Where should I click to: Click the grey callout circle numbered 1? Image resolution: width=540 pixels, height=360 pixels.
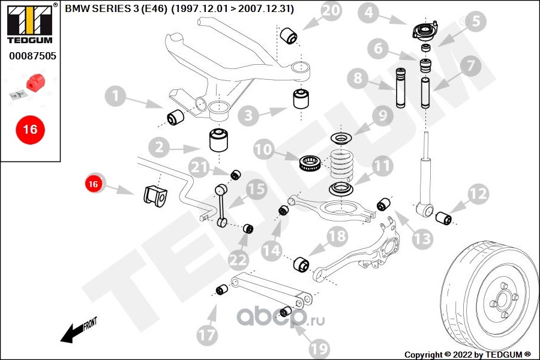coord(116,95)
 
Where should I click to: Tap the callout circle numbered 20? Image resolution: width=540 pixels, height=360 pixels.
coord(329,11)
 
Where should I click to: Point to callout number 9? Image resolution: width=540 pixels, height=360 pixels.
coord(382,115)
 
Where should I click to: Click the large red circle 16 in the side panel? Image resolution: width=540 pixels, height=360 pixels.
coord(30,129)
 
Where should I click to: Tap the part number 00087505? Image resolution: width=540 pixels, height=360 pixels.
coord(32,56)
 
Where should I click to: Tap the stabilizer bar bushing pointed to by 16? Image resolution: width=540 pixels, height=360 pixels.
coord(155,196)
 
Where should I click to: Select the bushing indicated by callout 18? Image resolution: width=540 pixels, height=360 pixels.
coord(300,264)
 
